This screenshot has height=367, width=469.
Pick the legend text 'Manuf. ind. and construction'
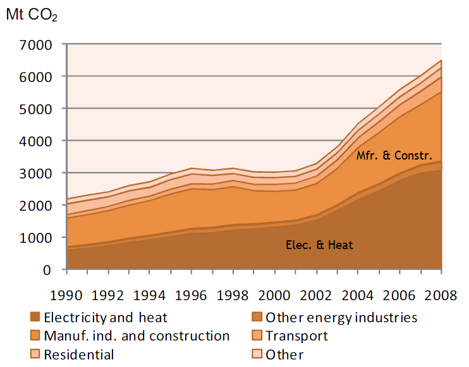coord(137,336)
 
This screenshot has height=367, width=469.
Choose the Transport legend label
coord(296,336)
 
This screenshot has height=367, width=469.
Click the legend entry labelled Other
coord(284,354)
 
